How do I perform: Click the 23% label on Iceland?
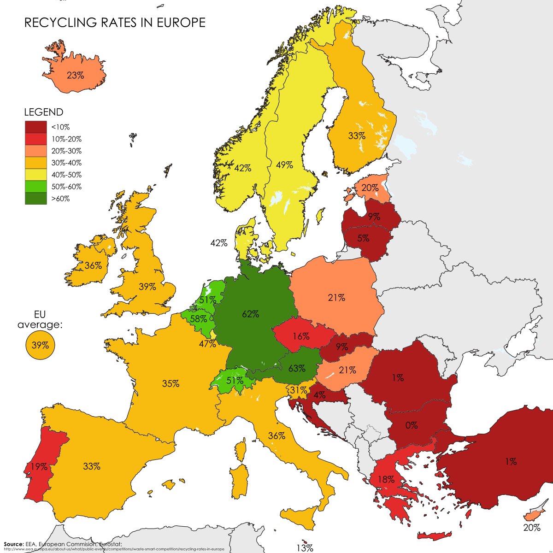click(x=75, y=75)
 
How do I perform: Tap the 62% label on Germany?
click(x=250, y=314)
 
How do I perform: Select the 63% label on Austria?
click(x=297, y=368)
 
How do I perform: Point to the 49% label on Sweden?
click(x=284, y=165)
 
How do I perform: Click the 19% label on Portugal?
click(x=39, y=466)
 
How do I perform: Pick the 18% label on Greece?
click(x=386, y=479)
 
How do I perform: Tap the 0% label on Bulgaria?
click(x=411, y=425)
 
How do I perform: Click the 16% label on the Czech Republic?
click(x=301, y=336)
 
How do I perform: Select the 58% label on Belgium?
click(x=198, y=318)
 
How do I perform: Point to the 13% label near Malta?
click(x=305, y=548)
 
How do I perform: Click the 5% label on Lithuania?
click(x=363, y=238)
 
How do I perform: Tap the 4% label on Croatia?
click(x=319, y=395)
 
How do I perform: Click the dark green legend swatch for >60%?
click(x=35, y=199)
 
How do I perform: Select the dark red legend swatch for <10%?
click(x=35, y=127)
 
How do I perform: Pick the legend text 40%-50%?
click(x=66, y=175)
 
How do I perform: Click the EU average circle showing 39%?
click(x=40, y=345)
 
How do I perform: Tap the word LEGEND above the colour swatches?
click(x=44, y=112)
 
